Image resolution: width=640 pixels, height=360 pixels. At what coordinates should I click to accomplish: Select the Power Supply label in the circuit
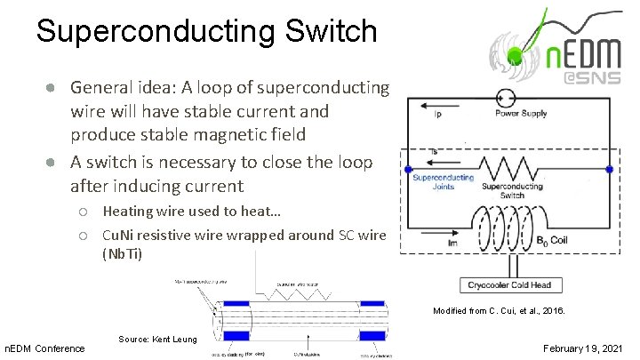pyautogui.click(x=521, y=114)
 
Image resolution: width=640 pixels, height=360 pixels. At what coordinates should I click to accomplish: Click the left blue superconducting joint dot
pyautogui.click(x=408, y=169)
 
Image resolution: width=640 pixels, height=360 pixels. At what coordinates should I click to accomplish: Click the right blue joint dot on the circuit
pyautogui.click(x=609, y=169)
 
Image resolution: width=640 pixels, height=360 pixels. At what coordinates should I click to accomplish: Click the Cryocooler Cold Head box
pyautogui.click(x=509, y=285)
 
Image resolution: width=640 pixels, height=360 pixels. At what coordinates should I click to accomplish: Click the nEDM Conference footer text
pyautogui.click(x=45, y=347)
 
